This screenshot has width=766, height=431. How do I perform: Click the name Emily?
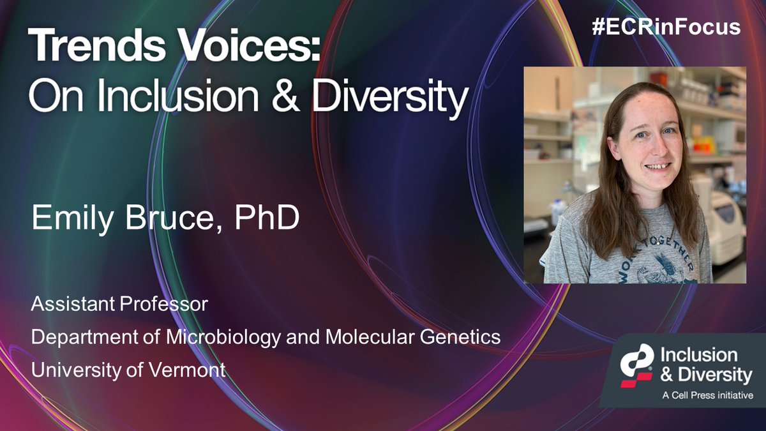pyautogui.click(x=73, y=219)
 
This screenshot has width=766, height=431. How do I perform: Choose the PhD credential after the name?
pyautogui.click(x=268, y=219)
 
